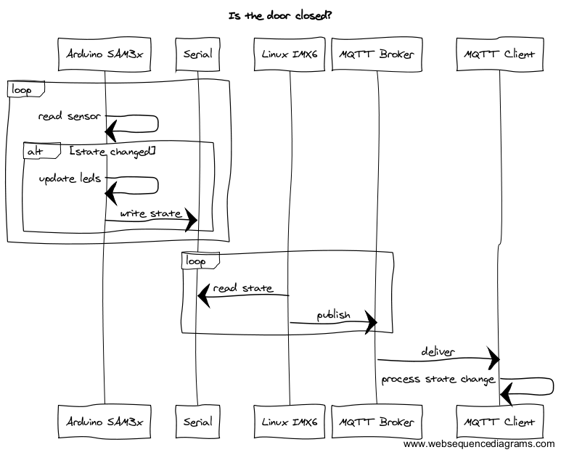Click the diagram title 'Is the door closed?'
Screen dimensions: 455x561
(280, 15)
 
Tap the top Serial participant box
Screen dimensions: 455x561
(197, 54)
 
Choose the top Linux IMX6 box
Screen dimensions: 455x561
(290, 54)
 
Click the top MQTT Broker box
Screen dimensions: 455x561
(377, 54)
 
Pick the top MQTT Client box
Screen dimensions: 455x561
(499, 54)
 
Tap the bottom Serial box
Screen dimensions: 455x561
(197, 422)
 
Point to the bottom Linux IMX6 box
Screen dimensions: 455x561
(290, 422)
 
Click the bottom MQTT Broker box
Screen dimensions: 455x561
(377, 422)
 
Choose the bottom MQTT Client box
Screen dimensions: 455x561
(499, 422)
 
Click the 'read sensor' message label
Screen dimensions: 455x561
(70, 116)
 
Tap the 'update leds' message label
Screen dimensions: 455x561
(70, 178)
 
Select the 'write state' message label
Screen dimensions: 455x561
(150, 213)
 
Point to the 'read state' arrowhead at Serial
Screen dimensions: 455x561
(204, 295)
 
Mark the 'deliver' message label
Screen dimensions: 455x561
(438, 352)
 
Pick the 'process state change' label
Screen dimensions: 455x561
(438, 379)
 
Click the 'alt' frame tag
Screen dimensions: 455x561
(34, 150)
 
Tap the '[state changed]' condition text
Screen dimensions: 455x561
(112, 151)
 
